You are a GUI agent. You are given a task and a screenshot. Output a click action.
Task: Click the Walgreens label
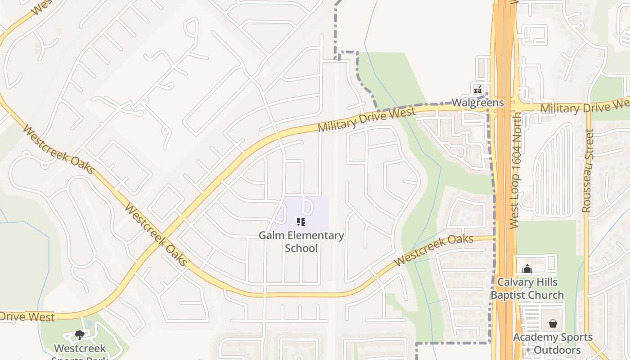tap(477, 103)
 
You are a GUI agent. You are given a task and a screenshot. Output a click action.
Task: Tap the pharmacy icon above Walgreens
tap(478, 89)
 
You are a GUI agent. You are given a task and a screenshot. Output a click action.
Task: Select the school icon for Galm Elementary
tap(301, 221)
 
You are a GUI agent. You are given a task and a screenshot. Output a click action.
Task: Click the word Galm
tap(271, 235)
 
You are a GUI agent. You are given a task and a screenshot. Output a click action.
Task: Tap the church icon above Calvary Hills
tap(527, 269)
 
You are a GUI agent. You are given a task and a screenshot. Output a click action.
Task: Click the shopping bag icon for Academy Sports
tap(553, 324)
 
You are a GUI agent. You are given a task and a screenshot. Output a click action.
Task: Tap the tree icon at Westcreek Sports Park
tap(80, 335)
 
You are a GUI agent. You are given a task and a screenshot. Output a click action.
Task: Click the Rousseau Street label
tap(587, 171)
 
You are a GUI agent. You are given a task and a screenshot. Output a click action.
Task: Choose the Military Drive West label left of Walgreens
tap(366, 120)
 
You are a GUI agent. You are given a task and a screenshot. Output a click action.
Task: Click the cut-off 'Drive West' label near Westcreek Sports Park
tap(27, 316)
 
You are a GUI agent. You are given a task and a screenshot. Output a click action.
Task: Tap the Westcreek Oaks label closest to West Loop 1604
tap(433, 250)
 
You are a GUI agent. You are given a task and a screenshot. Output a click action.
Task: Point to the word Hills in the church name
tap(546, 283)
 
